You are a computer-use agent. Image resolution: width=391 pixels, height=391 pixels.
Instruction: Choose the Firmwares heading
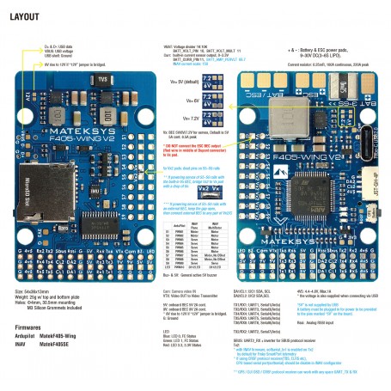coord(30,327)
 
